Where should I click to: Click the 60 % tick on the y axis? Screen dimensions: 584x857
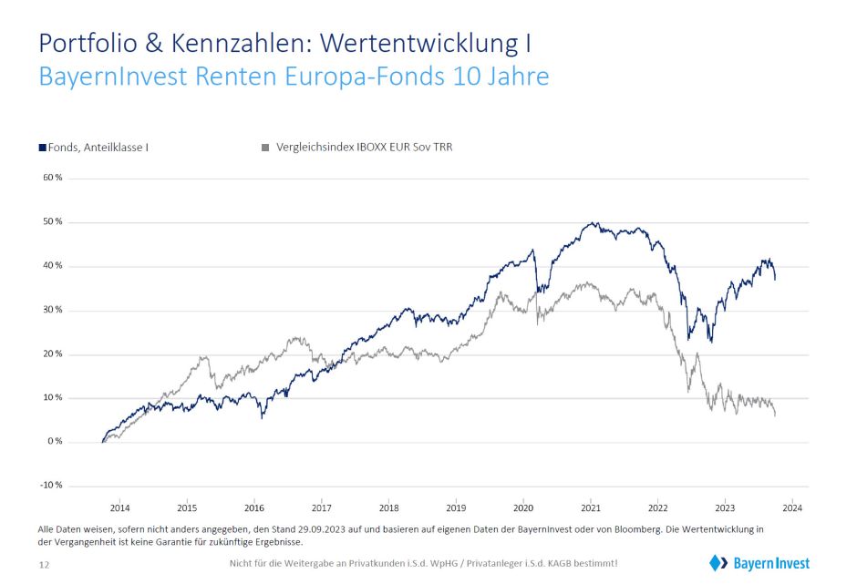(52, 178)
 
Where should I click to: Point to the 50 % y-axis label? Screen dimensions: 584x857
(52, 221)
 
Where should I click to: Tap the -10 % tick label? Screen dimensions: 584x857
(51, 486)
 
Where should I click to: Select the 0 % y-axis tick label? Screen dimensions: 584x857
(54, 442)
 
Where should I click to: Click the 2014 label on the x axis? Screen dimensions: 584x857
(120, 507)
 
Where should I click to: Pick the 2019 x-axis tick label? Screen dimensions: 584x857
(456, 507)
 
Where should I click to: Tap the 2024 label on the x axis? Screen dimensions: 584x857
(792, 507)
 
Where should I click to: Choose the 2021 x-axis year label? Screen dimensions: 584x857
(591, 507)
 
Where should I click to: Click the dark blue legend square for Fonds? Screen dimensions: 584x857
(42, 147)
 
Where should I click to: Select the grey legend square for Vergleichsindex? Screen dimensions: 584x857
(265, 147)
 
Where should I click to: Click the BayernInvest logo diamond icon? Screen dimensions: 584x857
(716, 563)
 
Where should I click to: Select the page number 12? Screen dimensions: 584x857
(44, 566)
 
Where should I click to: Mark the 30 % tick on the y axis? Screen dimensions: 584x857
(52, 310)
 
